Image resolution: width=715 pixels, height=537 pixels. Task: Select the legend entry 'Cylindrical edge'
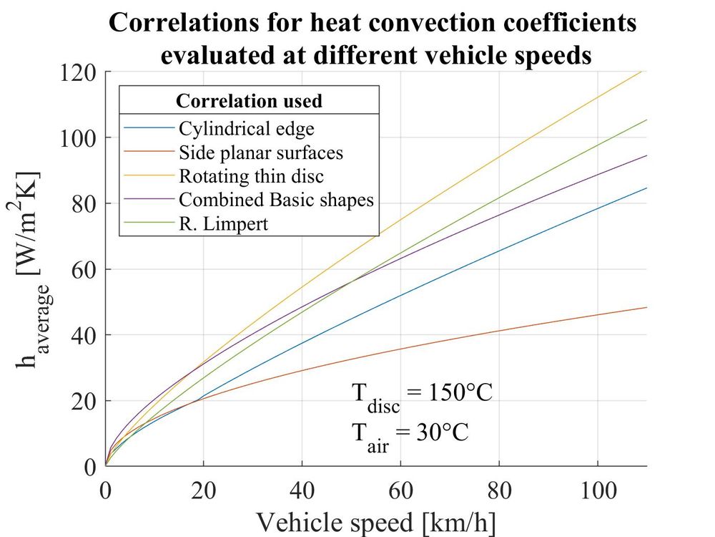pos(247,130)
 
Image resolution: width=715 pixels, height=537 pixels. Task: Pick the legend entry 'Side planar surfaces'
pos(261,153)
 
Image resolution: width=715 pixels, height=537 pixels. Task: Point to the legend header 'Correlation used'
pos(249,101)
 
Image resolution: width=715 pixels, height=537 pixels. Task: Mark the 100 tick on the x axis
pos(597,492)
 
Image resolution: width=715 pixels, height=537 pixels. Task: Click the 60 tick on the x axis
pos(400,492)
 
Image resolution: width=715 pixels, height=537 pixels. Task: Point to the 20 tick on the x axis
pos(204,492)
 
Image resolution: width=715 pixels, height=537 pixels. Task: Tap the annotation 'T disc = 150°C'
pos(422,396)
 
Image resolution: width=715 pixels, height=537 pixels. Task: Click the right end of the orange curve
pos(646,307)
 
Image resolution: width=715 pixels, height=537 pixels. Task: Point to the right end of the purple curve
pos(646,155)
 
